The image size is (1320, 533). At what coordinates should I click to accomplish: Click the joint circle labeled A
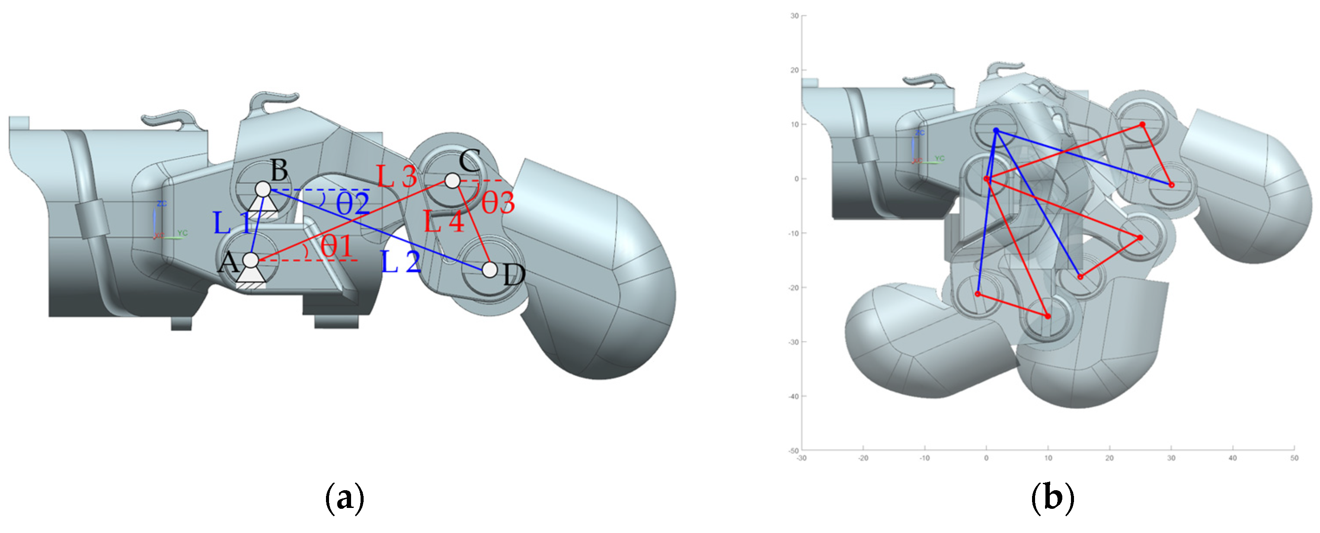251,260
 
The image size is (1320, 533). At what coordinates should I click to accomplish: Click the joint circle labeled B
263,189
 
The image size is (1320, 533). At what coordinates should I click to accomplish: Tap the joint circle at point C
452,180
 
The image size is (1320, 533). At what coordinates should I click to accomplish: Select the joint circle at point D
490,270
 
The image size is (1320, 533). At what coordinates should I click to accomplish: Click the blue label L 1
232,223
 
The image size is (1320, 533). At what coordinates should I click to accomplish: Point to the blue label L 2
401,262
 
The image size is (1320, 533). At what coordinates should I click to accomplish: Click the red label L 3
396,176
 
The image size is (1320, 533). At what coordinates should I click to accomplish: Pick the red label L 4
444,222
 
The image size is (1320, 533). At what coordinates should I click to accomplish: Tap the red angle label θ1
337,246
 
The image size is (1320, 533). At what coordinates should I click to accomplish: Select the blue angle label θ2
352,204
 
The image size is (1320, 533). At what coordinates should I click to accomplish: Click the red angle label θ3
498,202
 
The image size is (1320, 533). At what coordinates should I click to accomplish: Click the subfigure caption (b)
1052,498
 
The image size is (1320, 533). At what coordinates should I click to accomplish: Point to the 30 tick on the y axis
794,16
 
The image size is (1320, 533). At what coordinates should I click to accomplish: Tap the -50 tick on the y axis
793,450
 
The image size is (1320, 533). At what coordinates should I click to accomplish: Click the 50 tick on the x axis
1294,458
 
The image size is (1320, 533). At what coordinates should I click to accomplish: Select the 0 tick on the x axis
986,458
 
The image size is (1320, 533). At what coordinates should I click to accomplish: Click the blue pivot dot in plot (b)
996,131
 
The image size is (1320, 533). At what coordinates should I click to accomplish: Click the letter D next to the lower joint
514,276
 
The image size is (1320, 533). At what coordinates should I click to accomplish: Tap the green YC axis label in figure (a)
182,233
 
